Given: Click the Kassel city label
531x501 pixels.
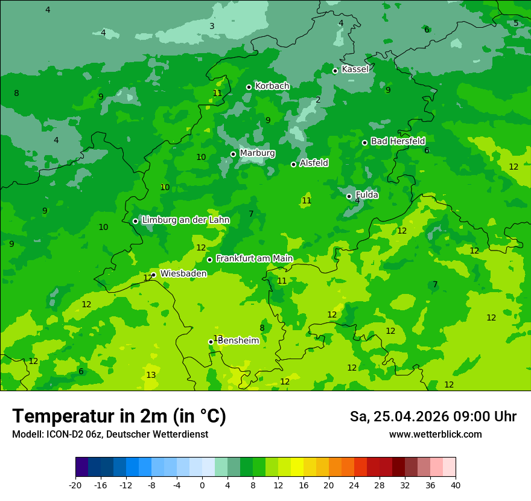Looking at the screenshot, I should coord(355,69).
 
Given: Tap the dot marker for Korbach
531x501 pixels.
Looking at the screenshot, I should coord(249,87).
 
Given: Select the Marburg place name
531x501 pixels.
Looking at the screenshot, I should coord(257,153).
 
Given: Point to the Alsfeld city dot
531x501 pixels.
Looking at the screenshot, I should coord(294,164).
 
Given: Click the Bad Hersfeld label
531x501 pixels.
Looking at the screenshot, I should coord(398,141).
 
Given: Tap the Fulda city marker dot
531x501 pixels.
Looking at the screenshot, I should coord(349,196).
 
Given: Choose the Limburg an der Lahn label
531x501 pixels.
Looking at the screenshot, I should coord(185,220).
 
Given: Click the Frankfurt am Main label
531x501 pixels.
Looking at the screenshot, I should coord(254,259).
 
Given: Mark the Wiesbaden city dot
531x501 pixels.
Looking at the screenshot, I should coord(154,275).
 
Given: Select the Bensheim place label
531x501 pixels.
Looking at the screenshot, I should coord(238,341).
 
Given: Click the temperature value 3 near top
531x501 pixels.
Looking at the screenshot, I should coord(212,26).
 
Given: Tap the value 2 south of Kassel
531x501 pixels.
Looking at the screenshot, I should coord(318,100).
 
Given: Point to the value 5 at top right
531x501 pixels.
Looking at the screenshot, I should coord(516,24).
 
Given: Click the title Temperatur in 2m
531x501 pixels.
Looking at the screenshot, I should coord(119,416).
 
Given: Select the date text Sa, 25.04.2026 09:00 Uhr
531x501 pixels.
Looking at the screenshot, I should coord(433,416).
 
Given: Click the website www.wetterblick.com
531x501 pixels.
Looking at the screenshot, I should coord(435,435).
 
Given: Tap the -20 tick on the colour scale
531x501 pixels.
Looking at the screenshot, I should coord(75,485).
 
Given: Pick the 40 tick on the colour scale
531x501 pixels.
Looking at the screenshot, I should coord(456,485).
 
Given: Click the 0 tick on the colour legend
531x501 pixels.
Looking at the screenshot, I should coord(202,485).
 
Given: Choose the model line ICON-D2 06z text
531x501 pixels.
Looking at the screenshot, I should coord(110,435).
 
